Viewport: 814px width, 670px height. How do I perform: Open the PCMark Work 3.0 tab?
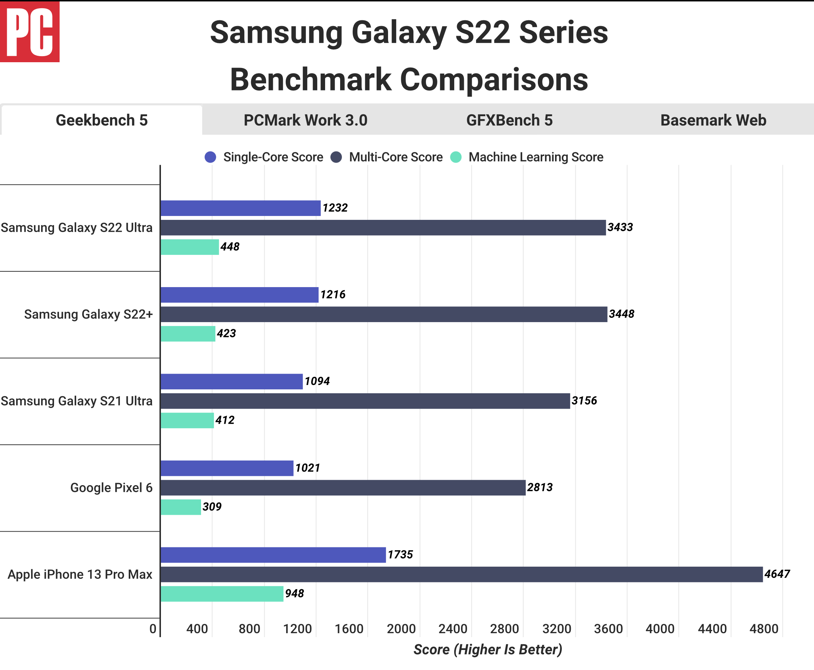click(305, 120)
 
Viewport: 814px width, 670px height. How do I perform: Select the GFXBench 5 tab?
click(509, 120)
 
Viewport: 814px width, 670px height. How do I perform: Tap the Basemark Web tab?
click(713, 120)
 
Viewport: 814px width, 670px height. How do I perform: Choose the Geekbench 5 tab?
click(102, 120)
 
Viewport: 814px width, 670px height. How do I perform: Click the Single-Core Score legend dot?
click(210, 157)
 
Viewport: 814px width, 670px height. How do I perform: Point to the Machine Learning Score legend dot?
click(456, 157)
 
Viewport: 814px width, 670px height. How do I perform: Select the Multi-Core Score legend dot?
click(336, 157)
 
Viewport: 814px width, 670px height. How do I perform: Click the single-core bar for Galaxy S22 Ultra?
click(240, 208)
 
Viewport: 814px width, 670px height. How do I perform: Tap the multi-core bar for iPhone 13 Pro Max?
click(462, 574)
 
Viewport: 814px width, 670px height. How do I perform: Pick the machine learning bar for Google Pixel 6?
click(181, 507)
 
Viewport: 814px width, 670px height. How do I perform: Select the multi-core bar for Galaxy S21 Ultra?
click(365, 401)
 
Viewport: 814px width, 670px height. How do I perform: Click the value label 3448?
click(621, 314)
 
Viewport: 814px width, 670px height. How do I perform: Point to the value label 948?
click(294, 593)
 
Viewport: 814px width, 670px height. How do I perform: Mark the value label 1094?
click(317, 381)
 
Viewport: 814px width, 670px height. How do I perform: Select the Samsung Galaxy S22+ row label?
click(88, 314)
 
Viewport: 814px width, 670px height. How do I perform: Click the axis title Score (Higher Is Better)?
click(487, 650)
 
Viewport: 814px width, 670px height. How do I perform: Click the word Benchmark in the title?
click(311, 79)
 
